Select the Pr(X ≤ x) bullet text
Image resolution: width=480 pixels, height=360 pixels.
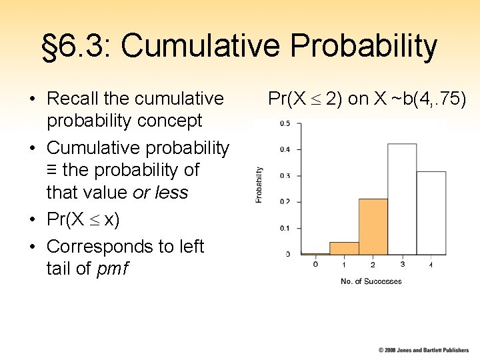(83, 219)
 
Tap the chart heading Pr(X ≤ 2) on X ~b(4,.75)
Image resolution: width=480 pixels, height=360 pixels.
(367, 99)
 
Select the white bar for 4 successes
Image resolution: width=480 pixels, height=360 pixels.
(431, 213)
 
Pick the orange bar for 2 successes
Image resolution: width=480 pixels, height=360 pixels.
(373, 227)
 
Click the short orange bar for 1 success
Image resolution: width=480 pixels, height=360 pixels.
(344, 248)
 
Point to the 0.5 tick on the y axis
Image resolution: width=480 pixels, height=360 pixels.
(284, 123)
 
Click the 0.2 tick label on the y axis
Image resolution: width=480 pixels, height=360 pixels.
(284, 201)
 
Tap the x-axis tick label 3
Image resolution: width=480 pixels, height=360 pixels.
(402, 265)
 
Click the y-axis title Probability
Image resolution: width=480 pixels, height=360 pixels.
(259, 185)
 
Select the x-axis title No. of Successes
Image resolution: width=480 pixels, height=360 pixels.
(371, 281)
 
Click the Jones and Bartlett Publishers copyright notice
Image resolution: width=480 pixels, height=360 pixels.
(423, 350)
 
